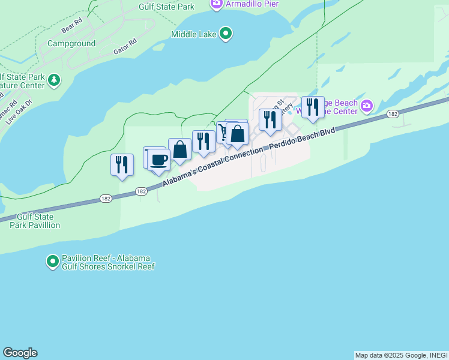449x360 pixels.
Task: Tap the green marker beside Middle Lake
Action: (226, 34)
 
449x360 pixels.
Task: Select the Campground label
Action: (71, 44)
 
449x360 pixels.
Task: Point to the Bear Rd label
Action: (71, 28)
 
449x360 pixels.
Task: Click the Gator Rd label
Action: (125, 48)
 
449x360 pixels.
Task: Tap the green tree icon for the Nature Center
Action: (55, 80)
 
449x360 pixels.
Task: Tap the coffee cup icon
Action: (159, 160)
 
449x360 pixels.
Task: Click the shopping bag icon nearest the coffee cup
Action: (179, 149)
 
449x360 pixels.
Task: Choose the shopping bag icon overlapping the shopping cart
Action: (238, 134)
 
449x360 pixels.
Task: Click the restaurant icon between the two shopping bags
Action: (203, 142)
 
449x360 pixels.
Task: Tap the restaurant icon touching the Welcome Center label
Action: (313, 107)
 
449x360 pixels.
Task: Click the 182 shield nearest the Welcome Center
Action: (393, 114)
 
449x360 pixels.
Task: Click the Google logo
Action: (20, 353)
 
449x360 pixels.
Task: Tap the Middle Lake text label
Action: (194, 34)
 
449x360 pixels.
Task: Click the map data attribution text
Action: (401, 355)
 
